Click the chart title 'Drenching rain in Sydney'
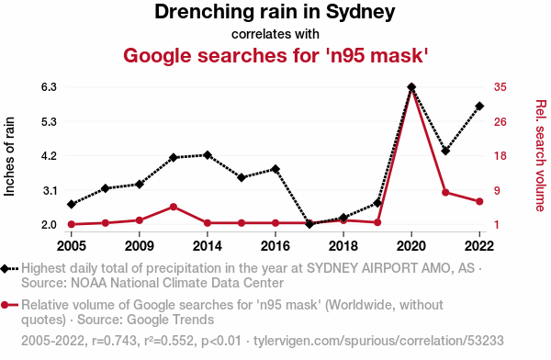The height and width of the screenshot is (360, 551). click(x=275, y=12)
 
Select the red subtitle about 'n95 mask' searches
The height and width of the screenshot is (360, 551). click(x=275, y=55)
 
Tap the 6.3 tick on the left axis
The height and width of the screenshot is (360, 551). click(x=49, y=87)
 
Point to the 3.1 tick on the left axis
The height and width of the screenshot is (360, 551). click(x=50, y=191)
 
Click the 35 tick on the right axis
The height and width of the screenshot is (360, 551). click(x=500, y=87)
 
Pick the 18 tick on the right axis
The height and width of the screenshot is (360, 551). click(x=500, y=156)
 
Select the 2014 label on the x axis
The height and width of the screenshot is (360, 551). click(x=207, y=246)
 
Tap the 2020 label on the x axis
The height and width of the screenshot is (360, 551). click(x=411, y=246)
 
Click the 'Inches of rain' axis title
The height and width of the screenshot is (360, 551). click(x=9, y=156)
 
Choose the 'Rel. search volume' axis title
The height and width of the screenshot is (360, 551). click(x=541, y=156)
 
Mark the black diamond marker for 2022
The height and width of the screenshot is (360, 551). click(x=479, y=107)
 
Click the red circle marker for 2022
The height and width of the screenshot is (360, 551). click(x=479, y=201)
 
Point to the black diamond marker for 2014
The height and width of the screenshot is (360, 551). click(x=208, y=155)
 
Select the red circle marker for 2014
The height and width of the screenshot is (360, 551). click(x=208, y=223)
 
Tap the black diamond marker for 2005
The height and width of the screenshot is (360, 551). click(x=72, y=204)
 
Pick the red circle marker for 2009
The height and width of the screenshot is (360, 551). click(x=140, y=220)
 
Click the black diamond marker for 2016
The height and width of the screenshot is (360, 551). click(x=275, y=169)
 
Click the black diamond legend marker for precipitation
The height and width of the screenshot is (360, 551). click(x=5, y=269)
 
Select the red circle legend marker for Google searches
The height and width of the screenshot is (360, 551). click(x=5, y=305)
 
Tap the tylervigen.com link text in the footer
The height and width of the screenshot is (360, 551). click(x=378, y=341)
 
